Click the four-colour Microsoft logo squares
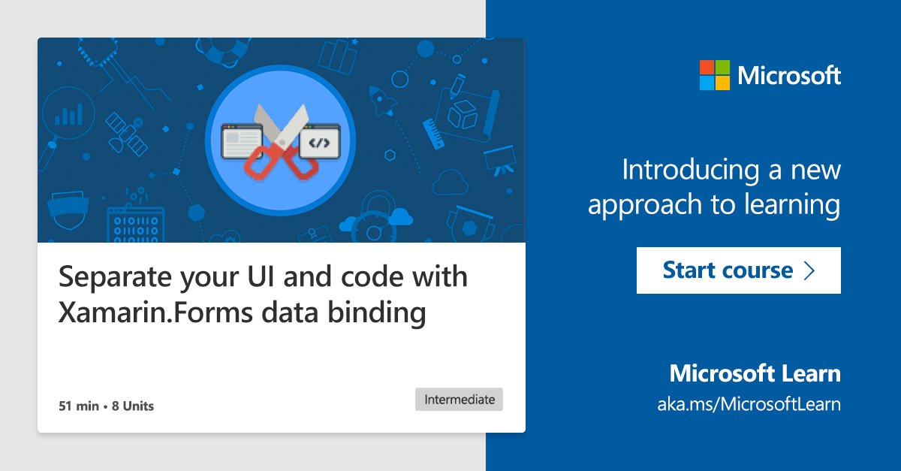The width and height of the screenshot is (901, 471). pos(714,75)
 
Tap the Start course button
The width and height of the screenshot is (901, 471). pos(738,270)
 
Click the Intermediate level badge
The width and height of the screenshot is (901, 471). pos(459,400)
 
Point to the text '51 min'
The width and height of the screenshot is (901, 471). pos(79,406)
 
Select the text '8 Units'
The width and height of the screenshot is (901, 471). pos(133,406)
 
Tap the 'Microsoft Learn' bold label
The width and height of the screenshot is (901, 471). pos(755,373)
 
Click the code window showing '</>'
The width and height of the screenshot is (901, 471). pos(319,143)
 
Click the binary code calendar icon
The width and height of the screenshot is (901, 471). pos(134,226)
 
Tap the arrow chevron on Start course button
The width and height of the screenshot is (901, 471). pos(809,270)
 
